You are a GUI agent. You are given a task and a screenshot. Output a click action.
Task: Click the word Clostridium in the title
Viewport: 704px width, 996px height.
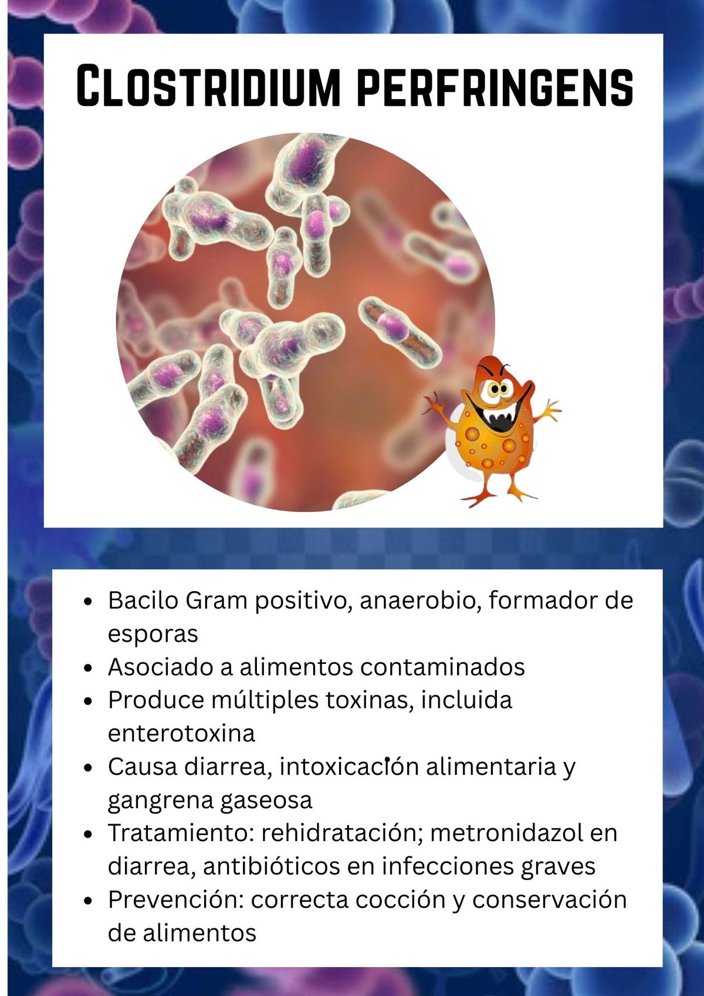[x=208, y=85]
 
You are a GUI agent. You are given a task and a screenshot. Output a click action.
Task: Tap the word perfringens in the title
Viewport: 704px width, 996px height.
[x=495, y=87]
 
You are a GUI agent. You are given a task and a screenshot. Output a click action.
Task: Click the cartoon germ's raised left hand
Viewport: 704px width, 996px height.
[x=434, y=404]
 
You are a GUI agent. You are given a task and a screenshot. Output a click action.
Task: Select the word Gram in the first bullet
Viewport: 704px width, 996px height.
[x=216, y=600]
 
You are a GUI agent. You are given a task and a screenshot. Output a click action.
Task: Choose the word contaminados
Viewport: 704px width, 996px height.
[x=442, y=667]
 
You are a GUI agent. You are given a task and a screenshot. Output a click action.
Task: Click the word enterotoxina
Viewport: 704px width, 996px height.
[x=181, y=734]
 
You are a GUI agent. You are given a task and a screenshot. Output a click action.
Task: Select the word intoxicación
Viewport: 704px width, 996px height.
[x=349, y=767]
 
